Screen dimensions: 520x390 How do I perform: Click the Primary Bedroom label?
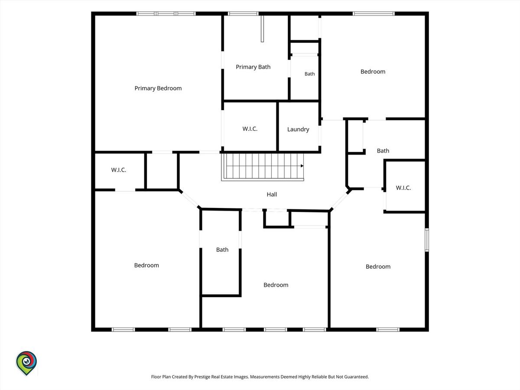[158, 88]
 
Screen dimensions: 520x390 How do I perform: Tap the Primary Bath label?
[253, 67]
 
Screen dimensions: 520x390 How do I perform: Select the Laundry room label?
[298, 130]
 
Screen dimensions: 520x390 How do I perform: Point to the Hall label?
[272, 195]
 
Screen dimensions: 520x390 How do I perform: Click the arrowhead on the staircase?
[302, 166]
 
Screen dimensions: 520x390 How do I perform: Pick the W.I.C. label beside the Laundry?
[250, 129]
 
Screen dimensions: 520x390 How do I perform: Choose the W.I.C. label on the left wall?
[118, 170]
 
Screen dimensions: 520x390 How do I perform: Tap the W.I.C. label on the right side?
[403, 188]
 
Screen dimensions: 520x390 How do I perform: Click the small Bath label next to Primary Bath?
[310, 74]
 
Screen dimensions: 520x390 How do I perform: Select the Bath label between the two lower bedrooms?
[222, 250]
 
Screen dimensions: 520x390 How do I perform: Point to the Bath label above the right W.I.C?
[383, 151]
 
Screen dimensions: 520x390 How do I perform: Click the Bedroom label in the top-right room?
[373, 71]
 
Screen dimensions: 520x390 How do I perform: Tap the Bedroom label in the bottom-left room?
[146, 265]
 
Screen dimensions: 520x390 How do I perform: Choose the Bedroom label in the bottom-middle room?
[276, 285]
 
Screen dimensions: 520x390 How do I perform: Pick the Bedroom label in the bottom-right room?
[378, 266]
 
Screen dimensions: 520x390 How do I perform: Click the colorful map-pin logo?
[26, 363]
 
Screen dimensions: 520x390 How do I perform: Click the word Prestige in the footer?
[202, 377]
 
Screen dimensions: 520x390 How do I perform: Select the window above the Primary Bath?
[243, 13]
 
